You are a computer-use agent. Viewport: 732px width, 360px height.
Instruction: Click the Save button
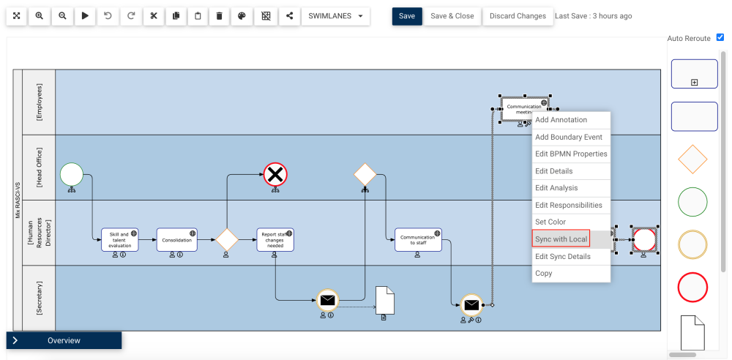coord(407,16)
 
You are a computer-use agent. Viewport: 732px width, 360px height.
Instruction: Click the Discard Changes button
coord(518,16)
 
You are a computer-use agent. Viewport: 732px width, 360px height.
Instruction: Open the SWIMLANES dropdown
coord(335,16)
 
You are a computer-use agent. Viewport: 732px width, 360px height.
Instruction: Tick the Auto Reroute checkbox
coord(720,37)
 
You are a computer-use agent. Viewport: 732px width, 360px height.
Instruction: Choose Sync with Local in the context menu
coord(561,239)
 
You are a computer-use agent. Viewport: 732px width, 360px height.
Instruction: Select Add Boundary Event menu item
coord(569,137)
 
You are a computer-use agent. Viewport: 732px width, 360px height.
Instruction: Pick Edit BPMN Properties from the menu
coord(571,154)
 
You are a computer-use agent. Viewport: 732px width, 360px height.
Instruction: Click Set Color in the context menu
coord(550,222)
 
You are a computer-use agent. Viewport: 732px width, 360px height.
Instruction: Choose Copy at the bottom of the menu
coord(544,273)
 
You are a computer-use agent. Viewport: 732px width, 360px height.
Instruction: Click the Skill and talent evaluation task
coord(119,240)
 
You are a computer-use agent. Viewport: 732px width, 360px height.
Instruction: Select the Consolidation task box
coord(177,240)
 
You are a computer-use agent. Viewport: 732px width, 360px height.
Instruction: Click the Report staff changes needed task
coord(275,240)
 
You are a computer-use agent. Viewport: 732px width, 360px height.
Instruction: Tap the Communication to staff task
coord(418,240)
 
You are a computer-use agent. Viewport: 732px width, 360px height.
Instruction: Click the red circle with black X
coord(275,175)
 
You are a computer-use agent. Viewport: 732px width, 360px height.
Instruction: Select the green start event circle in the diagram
coord(72,175)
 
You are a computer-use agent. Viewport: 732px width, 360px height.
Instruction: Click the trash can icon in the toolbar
coord(220,16)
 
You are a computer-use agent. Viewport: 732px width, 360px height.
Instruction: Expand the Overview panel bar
coord(64,340)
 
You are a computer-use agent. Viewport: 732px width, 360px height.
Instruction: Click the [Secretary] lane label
coord(39,298)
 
